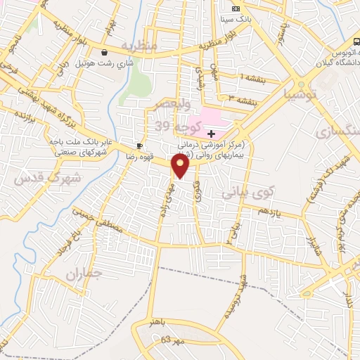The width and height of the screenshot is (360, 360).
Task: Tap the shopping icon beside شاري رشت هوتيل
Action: coord(105,51)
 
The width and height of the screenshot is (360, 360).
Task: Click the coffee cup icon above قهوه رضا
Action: coord(139,146)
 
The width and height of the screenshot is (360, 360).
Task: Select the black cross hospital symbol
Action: coord(211,133)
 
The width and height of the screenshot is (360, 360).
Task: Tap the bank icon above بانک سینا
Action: coord(236,8)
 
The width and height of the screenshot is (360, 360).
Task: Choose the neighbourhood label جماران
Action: coord(84,273)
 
